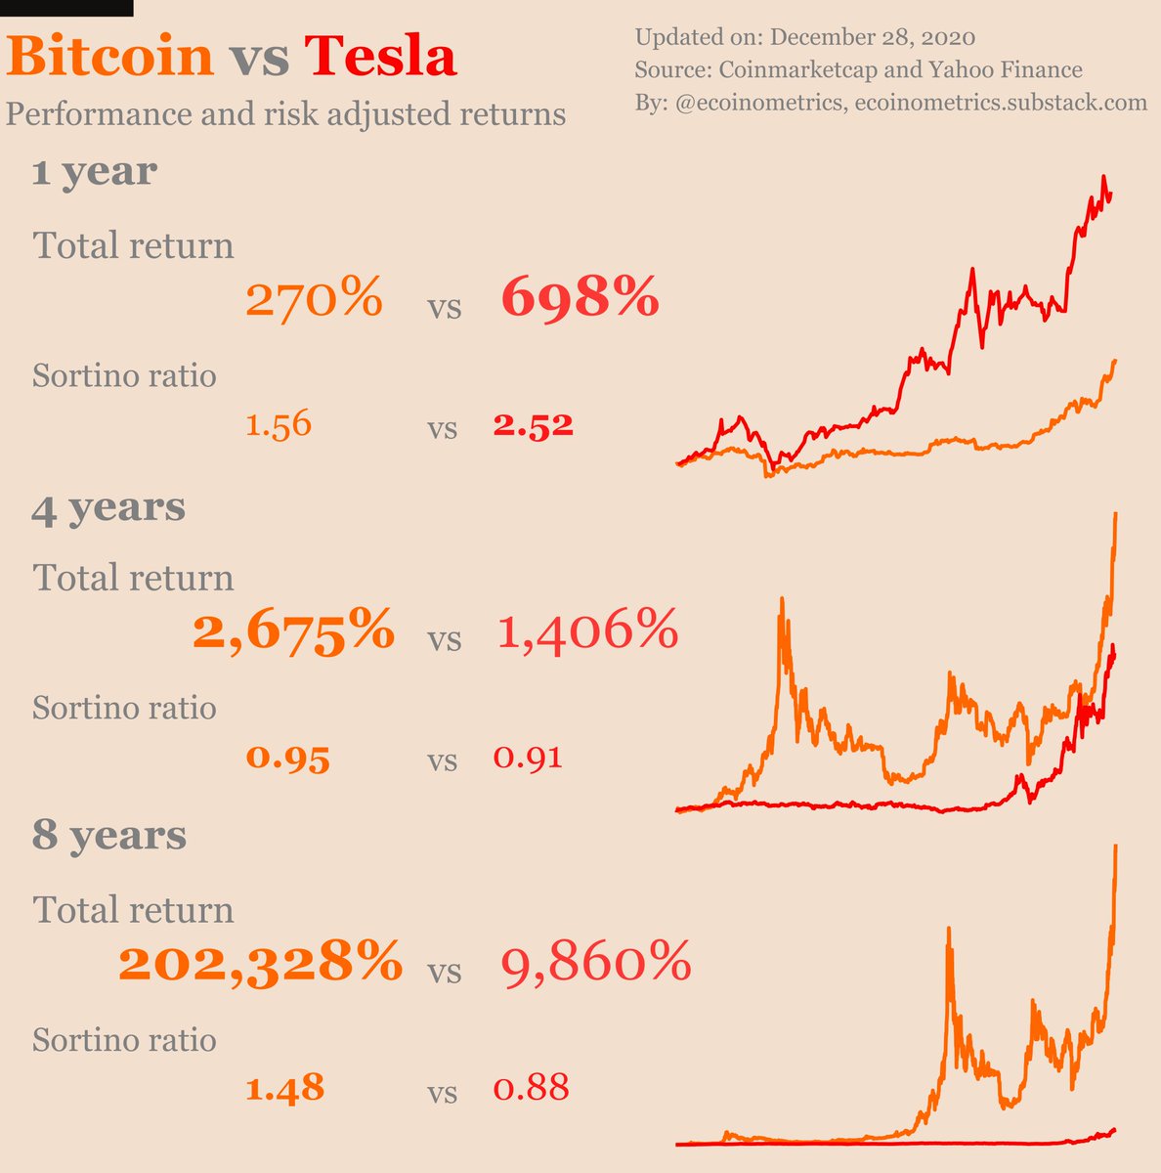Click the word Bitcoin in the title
(x=110, y=57)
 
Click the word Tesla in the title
(x=380, y=57)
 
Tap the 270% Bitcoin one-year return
(x=314, y=298)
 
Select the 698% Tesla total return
(x=580, y=297)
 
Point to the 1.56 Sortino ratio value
(x=279, y=425)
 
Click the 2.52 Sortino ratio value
(x=533, y=425)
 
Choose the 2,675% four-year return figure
(x=294, y=630)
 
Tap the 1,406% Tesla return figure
(x=587, y=630)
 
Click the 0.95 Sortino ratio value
(x=287, y=758)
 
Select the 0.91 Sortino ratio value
(x=528, y=758)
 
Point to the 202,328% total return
(x=260, y=963)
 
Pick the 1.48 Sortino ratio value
(x=284, y=1088)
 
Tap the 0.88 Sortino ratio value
(x=531, y=1088)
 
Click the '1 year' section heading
(x=94, y=172)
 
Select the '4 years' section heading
(x=108, y=507)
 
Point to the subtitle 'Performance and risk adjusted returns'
(x=285, y=114)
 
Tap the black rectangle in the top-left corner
(x=65, y=8)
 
